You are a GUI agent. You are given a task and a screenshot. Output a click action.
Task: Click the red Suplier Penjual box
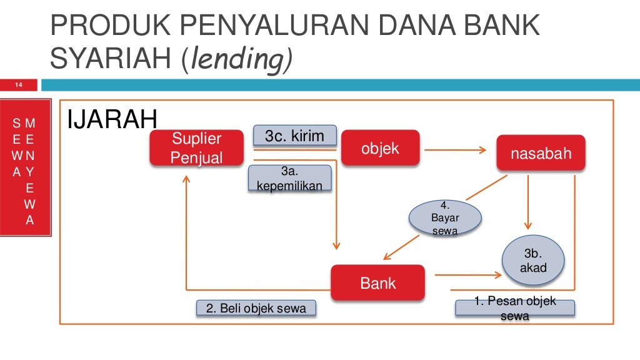(196, 148)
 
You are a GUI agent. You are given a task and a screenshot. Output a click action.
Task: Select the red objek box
(380, 148)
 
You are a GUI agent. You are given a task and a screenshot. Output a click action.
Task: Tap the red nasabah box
(541, 153)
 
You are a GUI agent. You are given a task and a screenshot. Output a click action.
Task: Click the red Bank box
(377, 282)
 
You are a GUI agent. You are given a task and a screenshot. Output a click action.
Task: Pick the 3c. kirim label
(294, 136)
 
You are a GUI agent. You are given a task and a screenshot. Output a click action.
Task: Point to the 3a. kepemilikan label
(289, 178)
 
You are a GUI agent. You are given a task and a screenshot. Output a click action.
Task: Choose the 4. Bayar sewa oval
(444, 218)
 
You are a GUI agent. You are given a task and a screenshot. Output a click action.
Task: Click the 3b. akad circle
(533, 261)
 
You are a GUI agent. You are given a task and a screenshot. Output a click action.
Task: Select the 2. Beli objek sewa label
(256, 308)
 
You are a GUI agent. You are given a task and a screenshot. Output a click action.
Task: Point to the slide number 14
(19, 85)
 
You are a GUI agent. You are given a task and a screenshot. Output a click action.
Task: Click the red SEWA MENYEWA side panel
(26, 167)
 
